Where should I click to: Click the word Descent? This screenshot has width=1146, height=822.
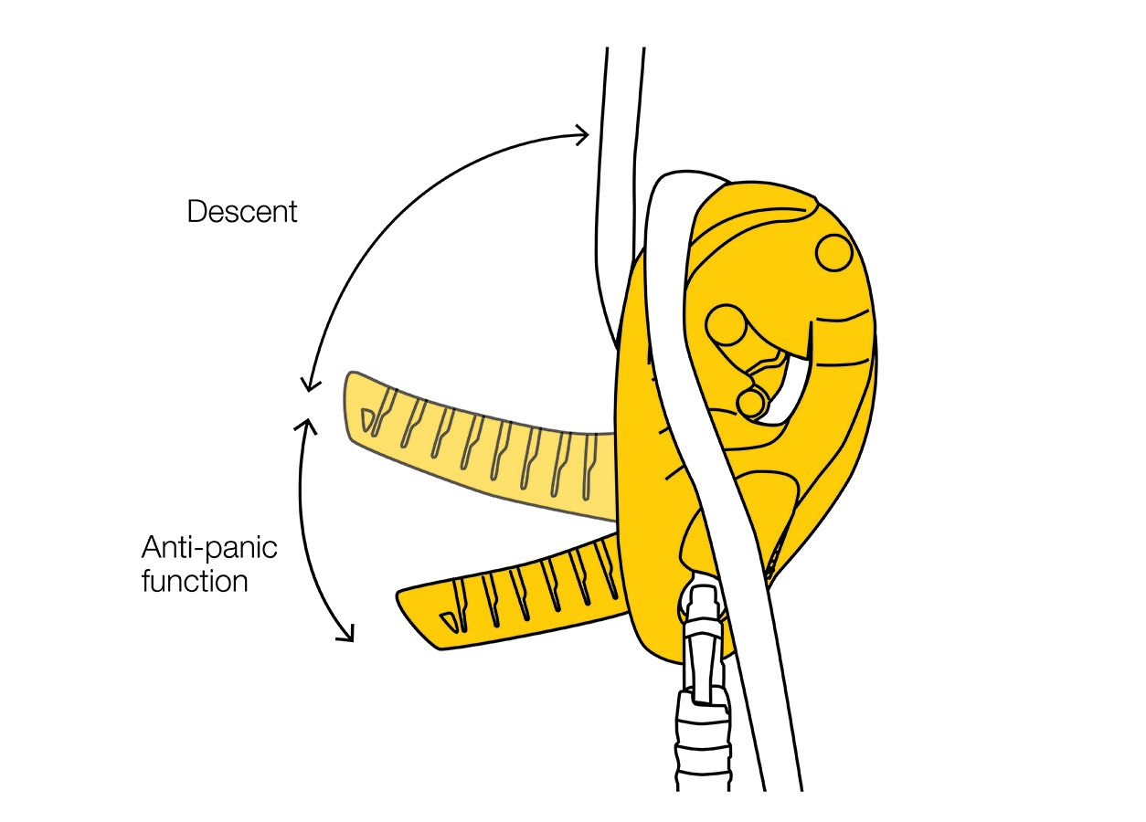tap(242, 212)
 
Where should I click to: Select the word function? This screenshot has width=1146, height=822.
tap(195, 581)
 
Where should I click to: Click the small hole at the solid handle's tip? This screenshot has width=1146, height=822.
tap(448, 621)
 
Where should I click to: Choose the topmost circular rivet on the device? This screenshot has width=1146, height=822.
tap(833, 252)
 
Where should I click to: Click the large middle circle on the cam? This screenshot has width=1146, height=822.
tap(727, 325)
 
